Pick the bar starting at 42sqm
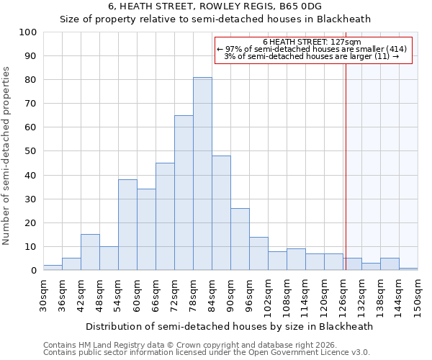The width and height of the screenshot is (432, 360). pyautogui.click(x=90, y=252)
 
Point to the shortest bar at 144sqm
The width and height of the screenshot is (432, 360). pyautogui.click(x=408, y=269)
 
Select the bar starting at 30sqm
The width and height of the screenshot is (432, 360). pyautogui.click(x=53, y=268)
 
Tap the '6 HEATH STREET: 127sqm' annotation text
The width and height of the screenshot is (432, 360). pyautogui.click(x=312, y=42)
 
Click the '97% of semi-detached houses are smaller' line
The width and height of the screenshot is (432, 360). pyautogui.click(x=312, y=49)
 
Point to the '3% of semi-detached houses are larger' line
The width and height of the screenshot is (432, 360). pyautogui.click(x=312, y=56)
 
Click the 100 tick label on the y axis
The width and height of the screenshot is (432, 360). pyautogui.click(x=28, y=32)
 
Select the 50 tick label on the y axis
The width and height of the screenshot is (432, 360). pyautogui.click(x=31, y=151)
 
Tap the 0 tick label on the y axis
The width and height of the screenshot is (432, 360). pyautogui.click(x=34, y=271)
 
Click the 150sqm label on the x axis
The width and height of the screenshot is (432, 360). pyautogui.click(x=418, y=296)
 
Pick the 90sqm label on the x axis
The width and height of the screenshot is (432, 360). pyautogui.click(x=231, y=296)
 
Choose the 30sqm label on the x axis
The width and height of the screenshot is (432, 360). pyautogui.click(x=44, y=296)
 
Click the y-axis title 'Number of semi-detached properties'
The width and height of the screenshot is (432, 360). pyautogui.click(x=7, y=155)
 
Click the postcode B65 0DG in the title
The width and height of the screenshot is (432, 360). pyautogui.click(x=300, y=6)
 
